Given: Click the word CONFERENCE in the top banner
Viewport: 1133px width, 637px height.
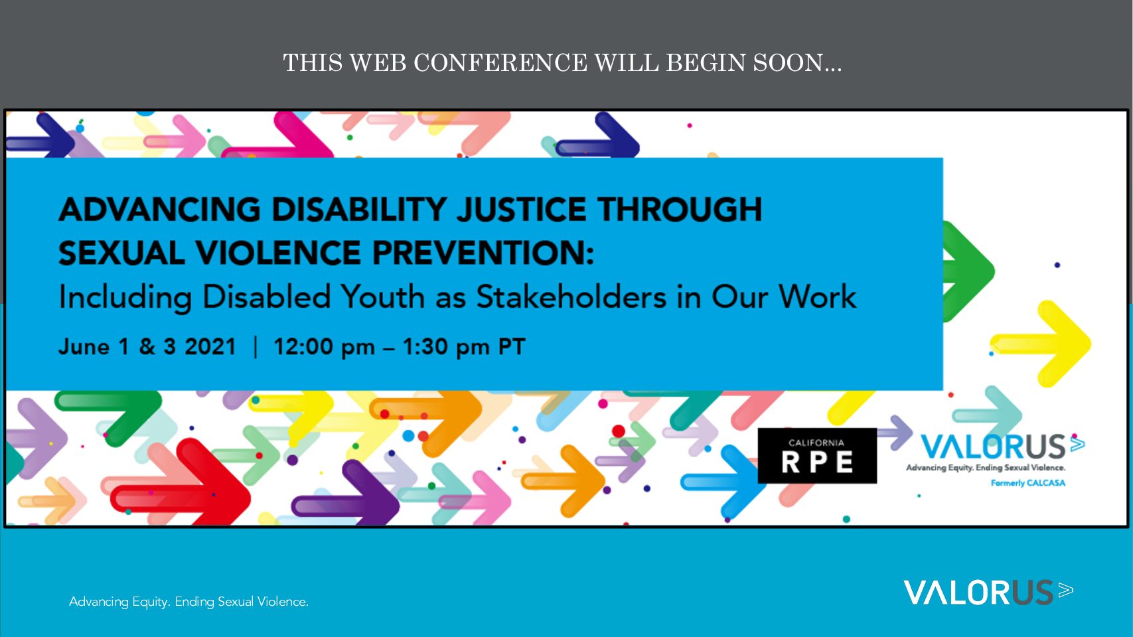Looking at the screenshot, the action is coord(500,62).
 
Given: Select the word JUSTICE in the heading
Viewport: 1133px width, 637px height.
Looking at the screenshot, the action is coord(521,209).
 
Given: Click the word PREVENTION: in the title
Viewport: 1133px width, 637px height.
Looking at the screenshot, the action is coord(483,252).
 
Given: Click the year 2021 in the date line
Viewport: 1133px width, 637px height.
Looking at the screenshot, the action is coord(210,347).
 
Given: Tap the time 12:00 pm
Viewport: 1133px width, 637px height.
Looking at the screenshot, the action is coord(324,347).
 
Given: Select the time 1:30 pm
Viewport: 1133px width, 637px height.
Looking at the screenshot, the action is coord(446,347).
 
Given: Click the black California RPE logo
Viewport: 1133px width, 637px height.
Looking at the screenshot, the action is coord(817,455).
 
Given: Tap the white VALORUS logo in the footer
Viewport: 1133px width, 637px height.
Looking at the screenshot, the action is coord(988,593).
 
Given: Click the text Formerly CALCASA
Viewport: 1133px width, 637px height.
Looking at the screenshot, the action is coord(1027,483).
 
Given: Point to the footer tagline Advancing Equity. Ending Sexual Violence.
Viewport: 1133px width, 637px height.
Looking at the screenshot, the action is coord(189,602).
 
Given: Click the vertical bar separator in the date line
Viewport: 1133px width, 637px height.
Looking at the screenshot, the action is coord(256,347).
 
